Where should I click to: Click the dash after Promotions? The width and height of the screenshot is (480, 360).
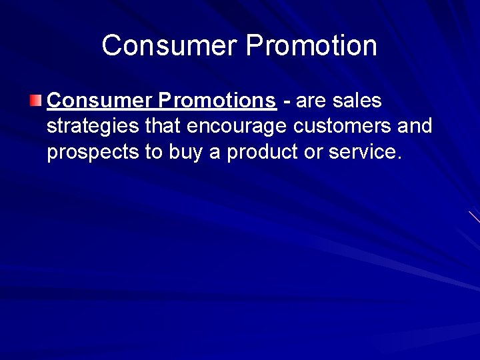click(287, 102)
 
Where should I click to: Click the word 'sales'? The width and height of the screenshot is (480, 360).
click(357, 101)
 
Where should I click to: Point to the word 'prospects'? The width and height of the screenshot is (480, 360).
click(93, 153)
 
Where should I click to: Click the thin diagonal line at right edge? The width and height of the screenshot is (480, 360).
click(474, 217)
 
